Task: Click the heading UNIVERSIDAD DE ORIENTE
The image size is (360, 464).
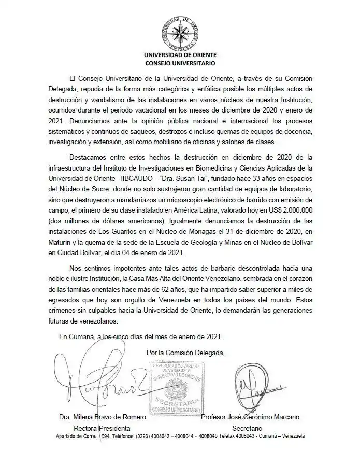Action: (x=180, y=54)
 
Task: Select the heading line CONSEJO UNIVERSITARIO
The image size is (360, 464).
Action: (x=180, y=63)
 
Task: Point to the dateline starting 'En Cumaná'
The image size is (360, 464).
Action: (x=140, y=336)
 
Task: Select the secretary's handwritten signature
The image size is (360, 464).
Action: (x=262, y=386)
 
